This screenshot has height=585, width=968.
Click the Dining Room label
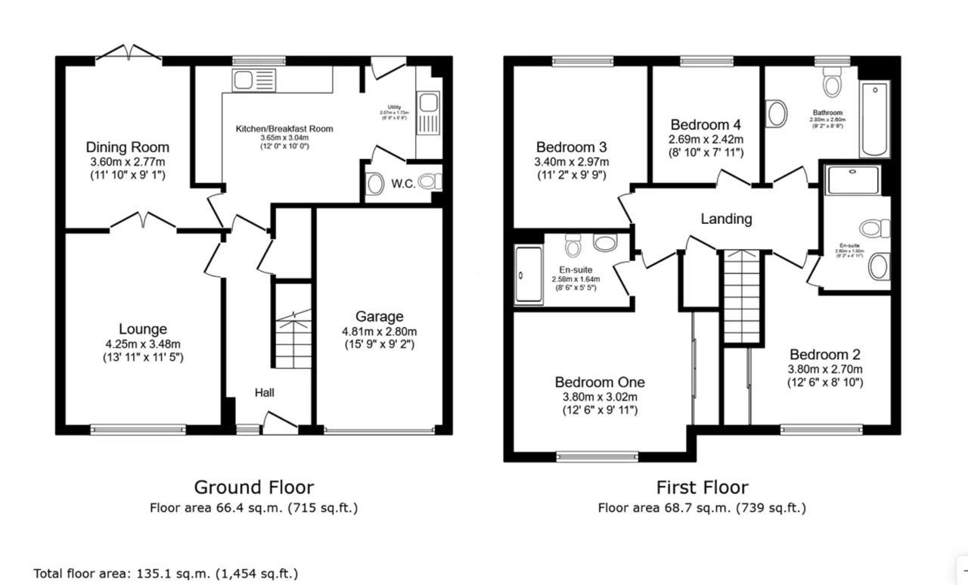point(127,147)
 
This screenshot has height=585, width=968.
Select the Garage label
point(380,316)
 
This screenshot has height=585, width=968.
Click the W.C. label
point(403,184)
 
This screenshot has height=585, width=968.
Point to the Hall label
point(264,393)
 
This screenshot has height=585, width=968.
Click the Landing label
point(726,219)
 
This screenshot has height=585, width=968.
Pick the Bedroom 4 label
point(706,125)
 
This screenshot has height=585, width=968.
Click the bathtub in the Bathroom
point(874,119)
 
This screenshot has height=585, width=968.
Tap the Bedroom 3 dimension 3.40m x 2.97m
point(572,161)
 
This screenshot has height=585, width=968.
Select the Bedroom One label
point(600,382)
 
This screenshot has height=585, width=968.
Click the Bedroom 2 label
point(824,354)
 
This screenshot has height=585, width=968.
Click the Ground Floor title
point(253,487)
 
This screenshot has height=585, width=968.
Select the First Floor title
point(702,487)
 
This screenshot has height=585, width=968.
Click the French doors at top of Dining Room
point(128,54)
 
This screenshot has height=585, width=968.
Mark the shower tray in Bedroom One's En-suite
point(529,275)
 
